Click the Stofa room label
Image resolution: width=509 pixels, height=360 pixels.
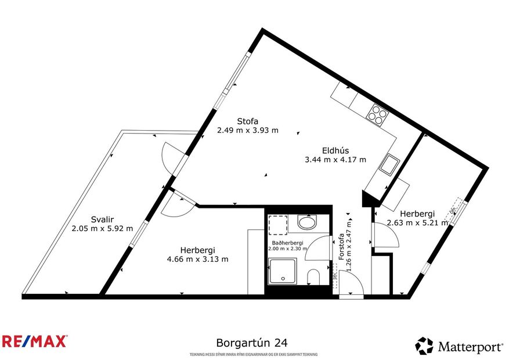pyautogui.click(x=247, y=121)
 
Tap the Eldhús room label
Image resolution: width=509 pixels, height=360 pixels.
pyautogui.click(x=335, y=150)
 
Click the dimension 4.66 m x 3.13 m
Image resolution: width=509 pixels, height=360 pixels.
pyautogui.click(x=197, y=259)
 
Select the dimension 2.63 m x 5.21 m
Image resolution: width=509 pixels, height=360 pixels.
pyautogui.click(x=417, y=222)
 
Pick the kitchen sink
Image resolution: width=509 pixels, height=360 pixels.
pyautogui.click(x=388, y=164)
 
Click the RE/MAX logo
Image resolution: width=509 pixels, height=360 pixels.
pyautogui.click(x=34, y=341)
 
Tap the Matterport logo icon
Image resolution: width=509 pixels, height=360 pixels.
pyautogui.click(x=424, y=346)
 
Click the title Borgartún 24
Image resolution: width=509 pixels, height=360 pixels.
pyautogui.click(x=251, y=343)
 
